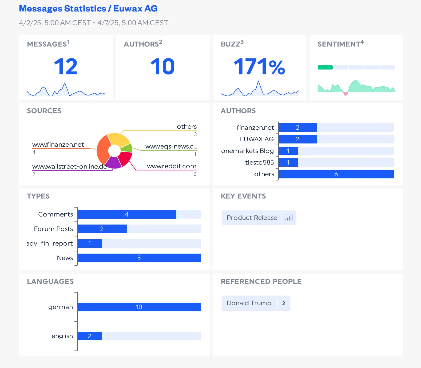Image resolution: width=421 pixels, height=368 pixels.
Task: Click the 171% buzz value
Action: (x=259, y=67)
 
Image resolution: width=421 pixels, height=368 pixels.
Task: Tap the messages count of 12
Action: (x=66, y=67)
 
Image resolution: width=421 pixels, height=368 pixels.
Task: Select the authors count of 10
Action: (x=162, y=67)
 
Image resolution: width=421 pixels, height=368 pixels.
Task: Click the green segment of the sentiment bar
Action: (x=325, y=67)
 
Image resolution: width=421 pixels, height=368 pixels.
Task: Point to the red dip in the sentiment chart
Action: (x=345, y=93)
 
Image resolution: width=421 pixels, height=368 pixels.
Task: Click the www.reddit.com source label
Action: (x=172, y=166)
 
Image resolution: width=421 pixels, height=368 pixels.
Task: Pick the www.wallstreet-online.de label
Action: (x=69, y=166)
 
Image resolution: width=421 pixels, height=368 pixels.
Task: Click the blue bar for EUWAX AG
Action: (x=297, y=139)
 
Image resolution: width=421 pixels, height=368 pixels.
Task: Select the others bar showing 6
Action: (x=336, y=174)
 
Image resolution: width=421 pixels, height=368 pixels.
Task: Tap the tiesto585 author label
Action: (x=259, y=162)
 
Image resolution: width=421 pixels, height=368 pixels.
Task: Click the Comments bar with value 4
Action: (x=127, y=214)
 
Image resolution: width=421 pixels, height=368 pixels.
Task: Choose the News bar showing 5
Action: (x=139, y=258)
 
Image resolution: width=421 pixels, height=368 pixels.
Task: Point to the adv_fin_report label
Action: (x=50, y=243)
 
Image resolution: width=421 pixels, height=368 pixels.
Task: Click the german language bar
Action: (x=139, y=307)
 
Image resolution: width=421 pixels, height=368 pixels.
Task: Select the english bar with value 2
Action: (x=90, y=336)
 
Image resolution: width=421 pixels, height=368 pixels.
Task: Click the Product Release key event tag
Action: (x=252, y=218)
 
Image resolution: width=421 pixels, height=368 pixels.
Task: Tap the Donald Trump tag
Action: (x=249, y=303)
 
